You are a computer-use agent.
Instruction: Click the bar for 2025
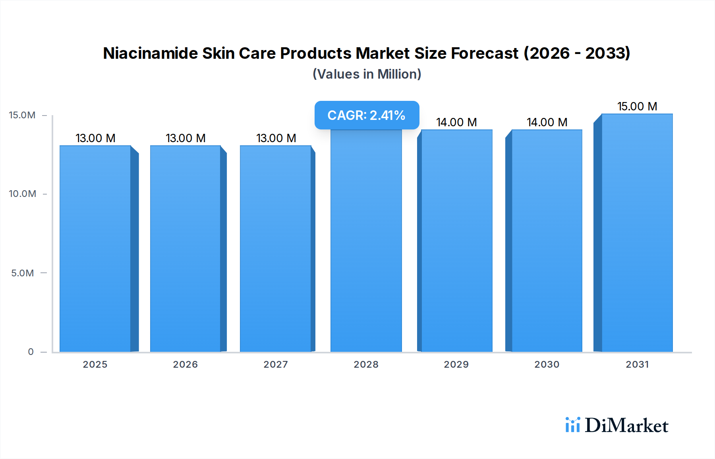coord(95,249)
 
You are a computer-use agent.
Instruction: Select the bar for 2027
coord(276,249)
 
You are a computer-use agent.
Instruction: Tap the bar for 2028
coord(366,241)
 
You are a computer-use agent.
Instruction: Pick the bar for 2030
coord(547,241)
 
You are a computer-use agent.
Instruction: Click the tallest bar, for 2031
coord(637,233)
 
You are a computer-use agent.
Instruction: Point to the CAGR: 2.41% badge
coord(367,115)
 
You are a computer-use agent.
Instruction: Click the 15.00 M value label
coord(637,106)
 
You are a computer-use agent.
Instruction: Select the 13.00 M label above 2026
coord(186,138)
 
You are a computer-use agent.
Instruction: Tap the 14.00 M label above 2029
coord(456,122)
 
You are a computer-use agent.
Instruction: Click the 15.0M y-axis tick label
coord(22,115)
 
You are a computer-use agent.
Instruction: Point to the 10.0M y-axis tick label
coord(22,194)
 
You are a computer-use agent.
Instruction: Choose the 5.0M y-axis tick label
coord(23,273)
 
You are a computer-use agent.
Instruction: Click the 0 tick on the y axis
coord(31,352)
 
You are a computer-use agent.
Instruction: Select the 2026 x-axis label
coord(186,364)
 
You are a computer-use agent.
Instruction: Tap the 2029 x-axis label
coord(456,364)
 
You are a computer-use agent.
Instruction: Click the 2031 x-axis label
coord(637,364)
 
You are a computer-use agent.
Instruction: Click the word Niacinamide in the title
coord(150,53)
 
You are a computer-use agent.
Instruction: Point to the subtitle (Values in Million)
coord(367,74)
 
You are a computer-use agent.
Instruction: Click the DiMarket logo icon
coord(572,425)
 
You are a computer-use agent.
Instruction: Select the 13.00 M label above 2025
coord(95,138)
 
